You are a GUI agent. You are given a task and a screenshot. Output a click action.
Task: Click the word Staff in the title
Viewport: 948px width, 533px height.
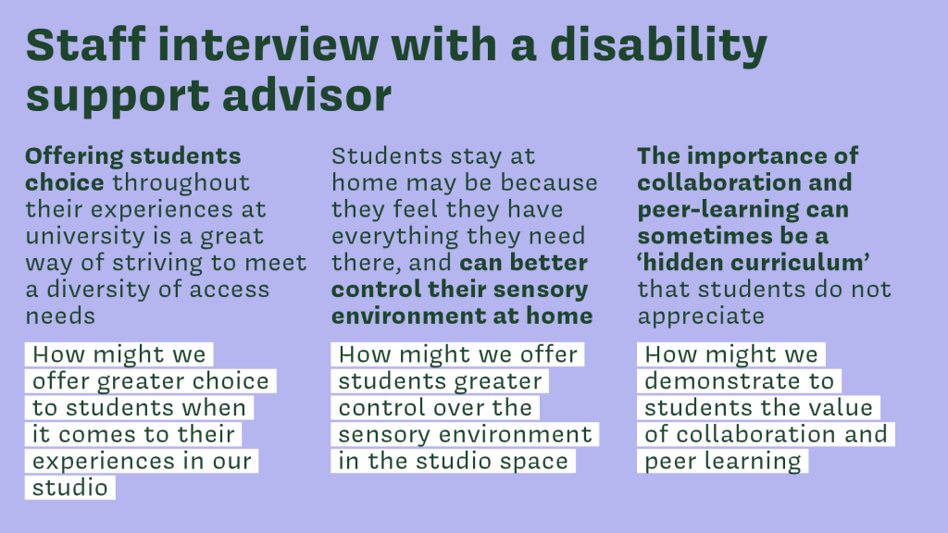(85, 44)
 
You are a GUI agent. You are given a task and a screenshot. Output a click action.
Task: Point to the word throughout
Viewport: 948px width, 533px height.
(181, 182)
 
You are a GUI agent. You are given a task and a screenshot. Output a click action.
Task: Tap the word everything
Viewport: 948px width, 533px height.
(395, 236)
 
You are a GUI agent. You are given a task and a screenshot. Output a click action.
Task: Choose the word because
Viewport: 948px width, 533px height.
(549, 182)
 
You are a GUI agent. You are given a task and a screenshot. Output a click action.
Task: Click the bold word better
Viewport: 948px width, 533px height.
(549, 262)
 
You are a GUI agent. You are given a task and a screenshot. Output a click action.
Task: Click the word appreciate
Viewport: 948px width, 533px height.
(702, 316)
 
